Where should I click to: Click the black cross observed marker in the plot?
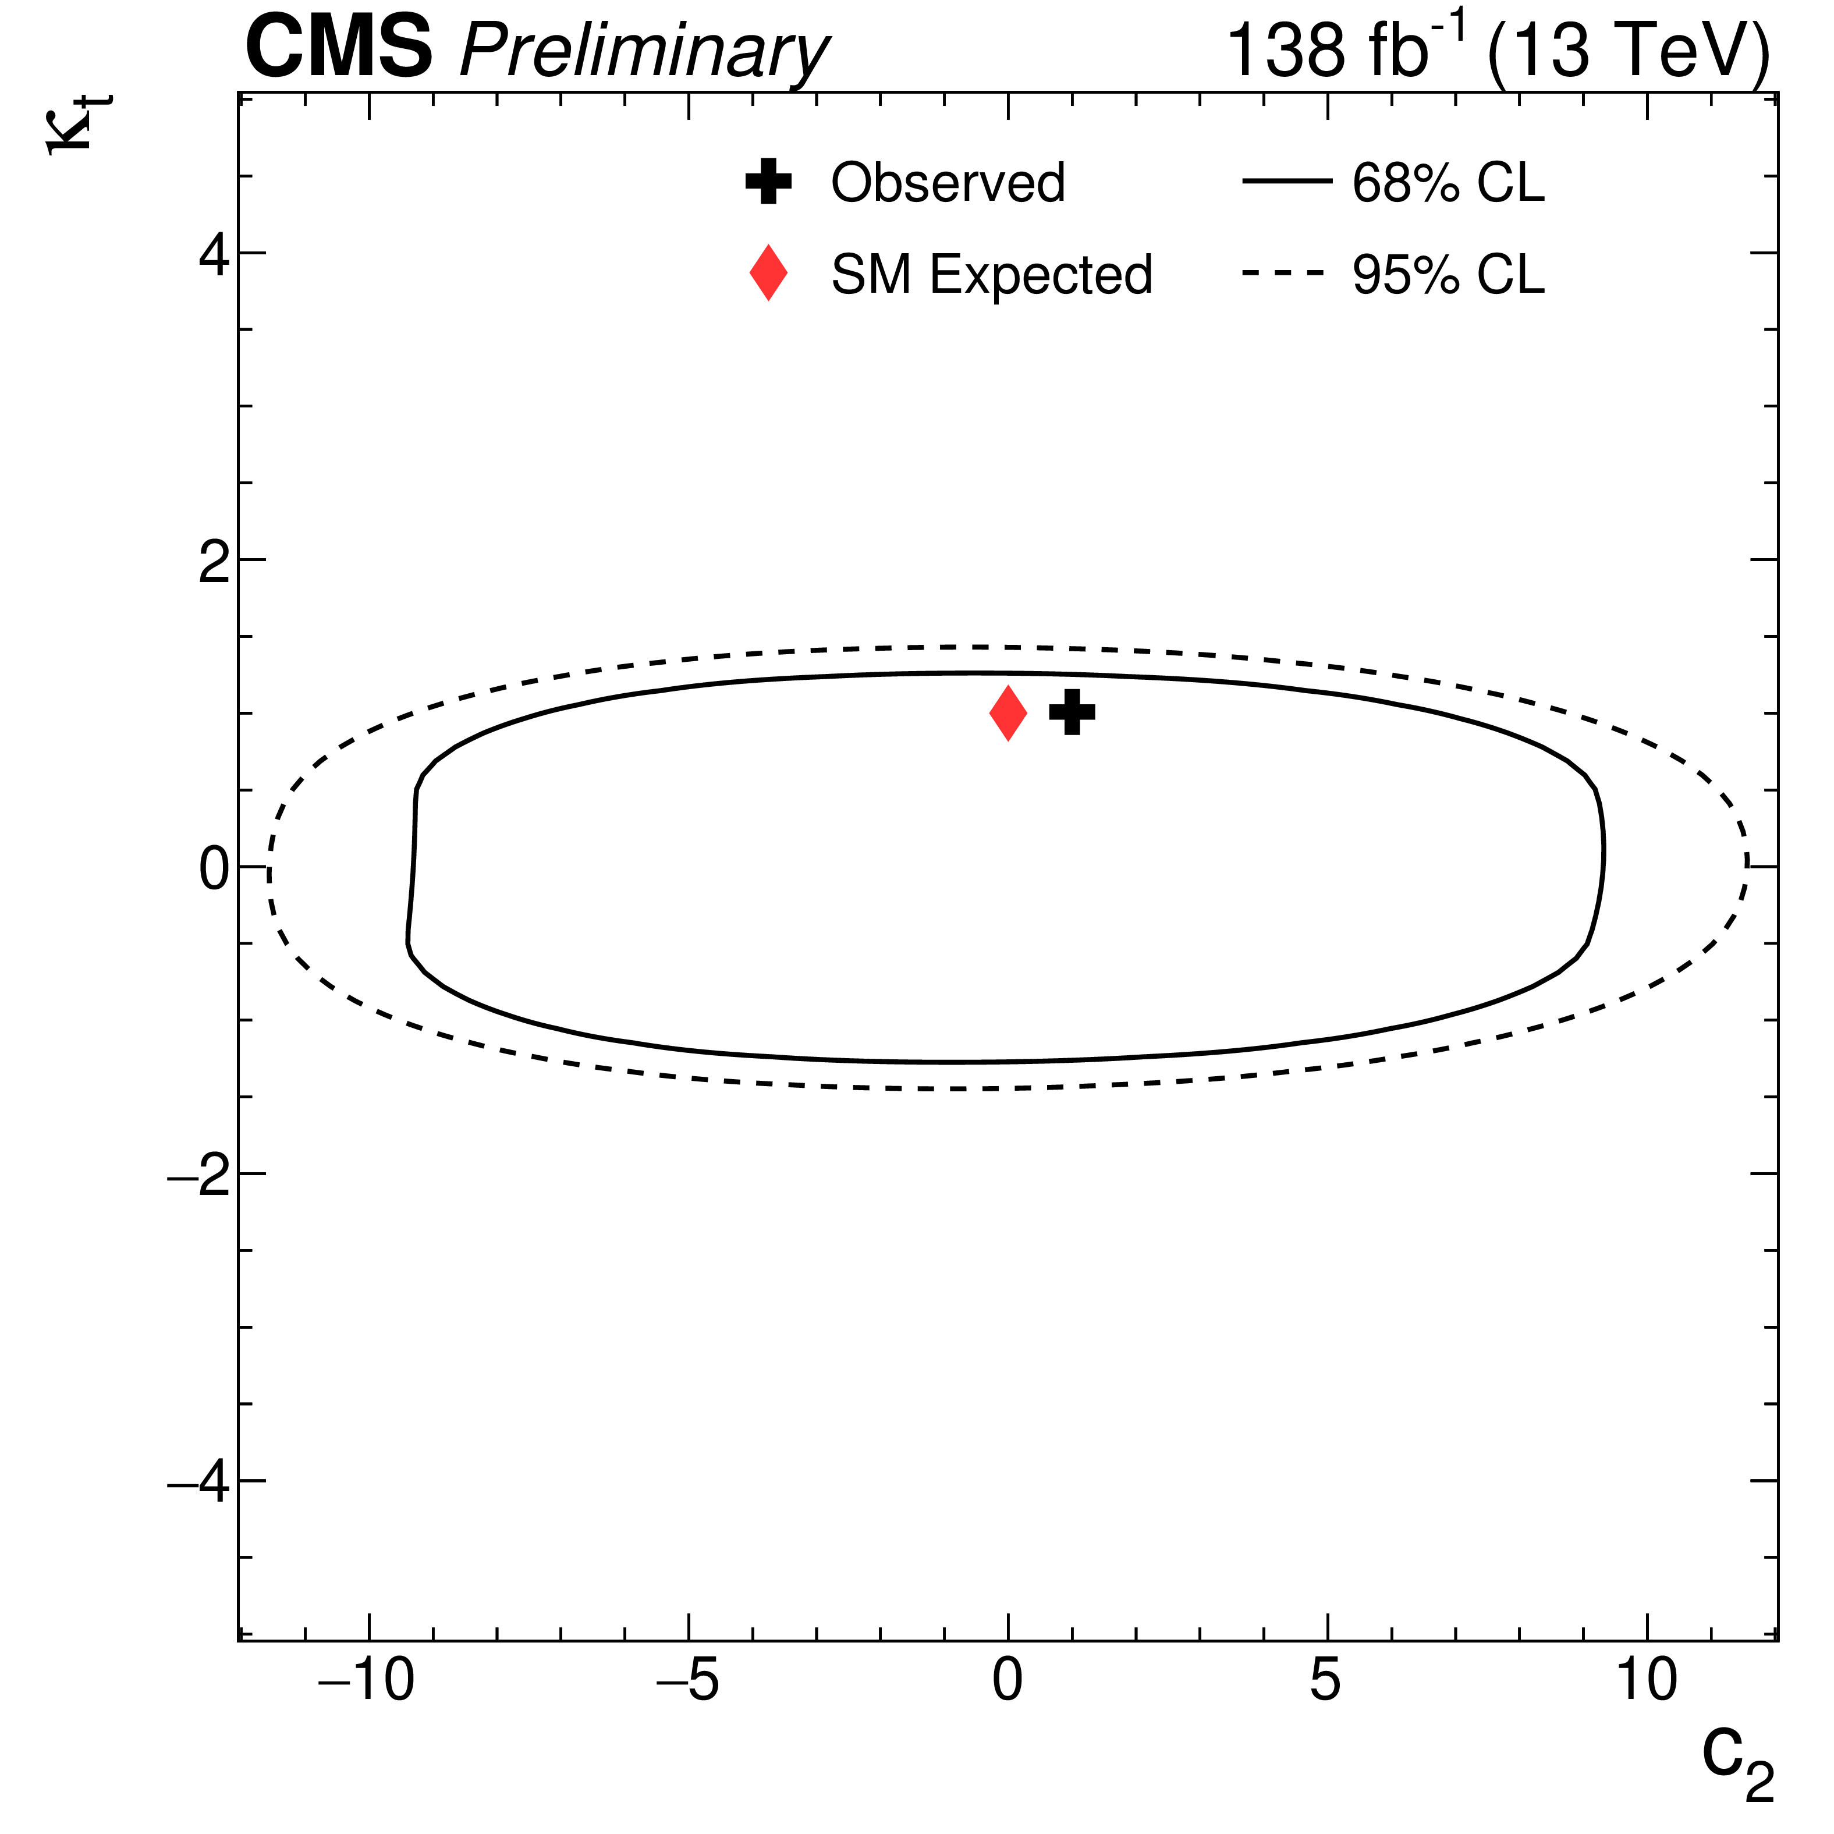[x=1072, y=712]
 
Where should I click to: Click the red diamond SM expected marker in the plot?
[x=1008, y=713]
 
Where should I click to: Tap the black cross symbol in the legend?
[x=768, y=182]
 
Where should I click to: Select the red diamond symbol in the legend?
[x=768, y=274]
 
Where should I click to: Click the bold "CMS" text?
[x=339, y=49]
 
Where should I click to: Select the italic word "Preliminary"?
[x=644, y=53]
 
